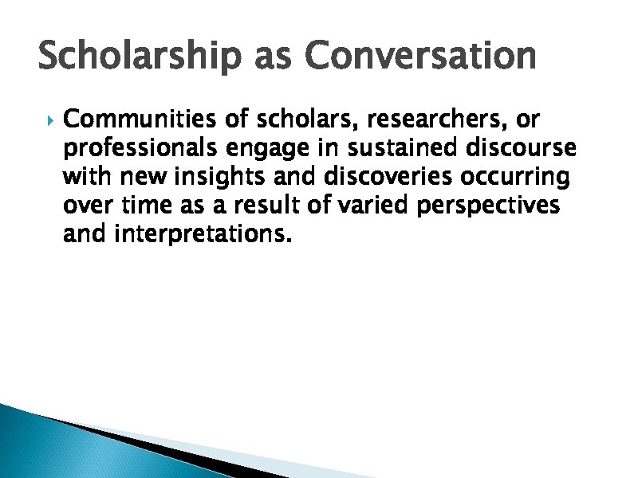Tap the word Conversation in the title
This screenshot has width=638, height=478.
coord(420,56)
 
